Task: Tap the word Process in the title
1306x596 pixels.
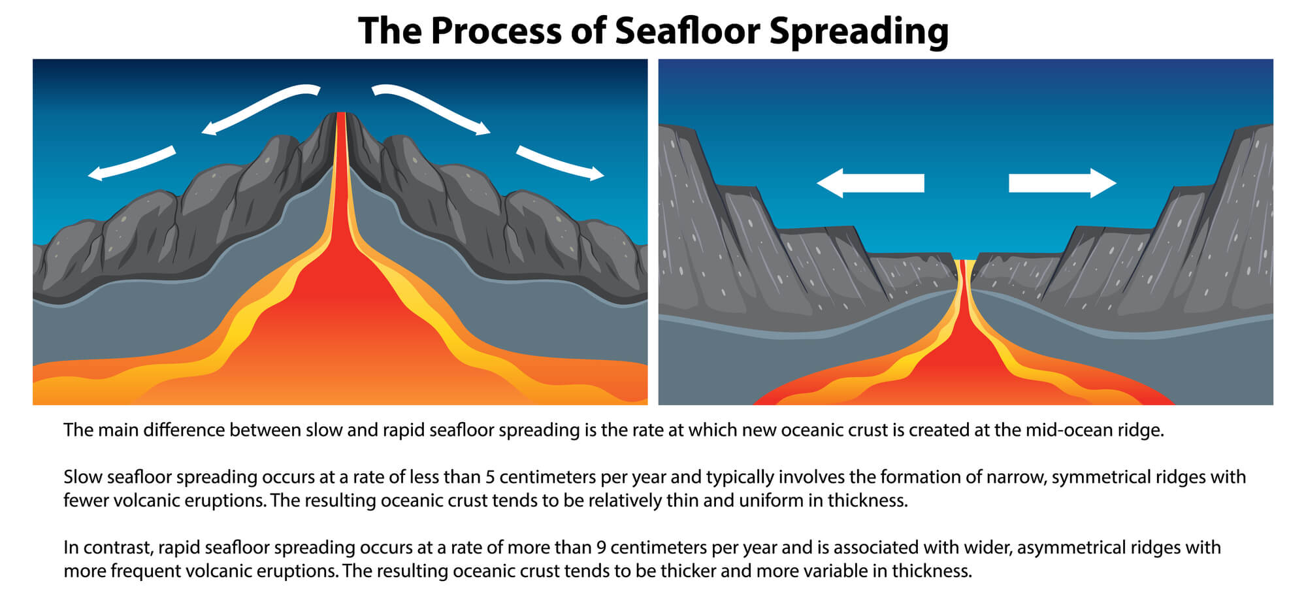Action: (x=496, y=31)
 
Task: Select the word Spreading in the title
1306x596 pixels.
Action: (x=858, y=31)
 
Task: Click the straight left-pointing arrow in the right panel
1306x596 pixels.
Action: (x=870, y=183)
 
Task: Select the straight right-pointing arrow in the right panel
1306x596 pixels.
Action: (x=1062, y=183)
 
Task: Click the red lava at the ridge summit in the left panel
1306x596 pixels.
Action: (x=340, y=131)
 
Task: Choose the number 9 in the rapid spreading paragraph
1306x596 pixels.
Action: (x=601, y=548)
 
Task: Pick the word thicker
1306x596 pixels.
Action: (x=689, y=571)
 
